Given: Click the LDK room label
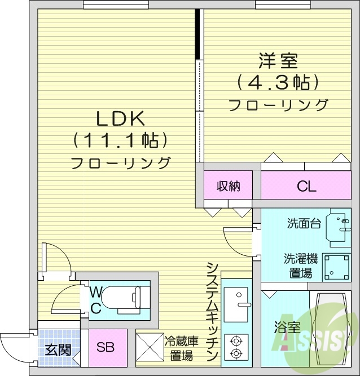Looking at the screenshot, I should (x=121, y=118).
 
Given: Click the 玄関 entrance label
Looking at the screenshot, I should (x=58, y=350).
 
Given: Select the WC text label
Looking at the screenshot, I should (x=96, y=300).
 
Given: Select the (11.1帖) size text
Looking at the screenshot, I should (x=121, y=140).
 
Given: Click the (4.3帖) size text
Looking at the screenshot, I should (x=278, y=82).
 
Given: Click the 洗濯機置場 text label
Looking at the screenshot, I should (x=300, y=266).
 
